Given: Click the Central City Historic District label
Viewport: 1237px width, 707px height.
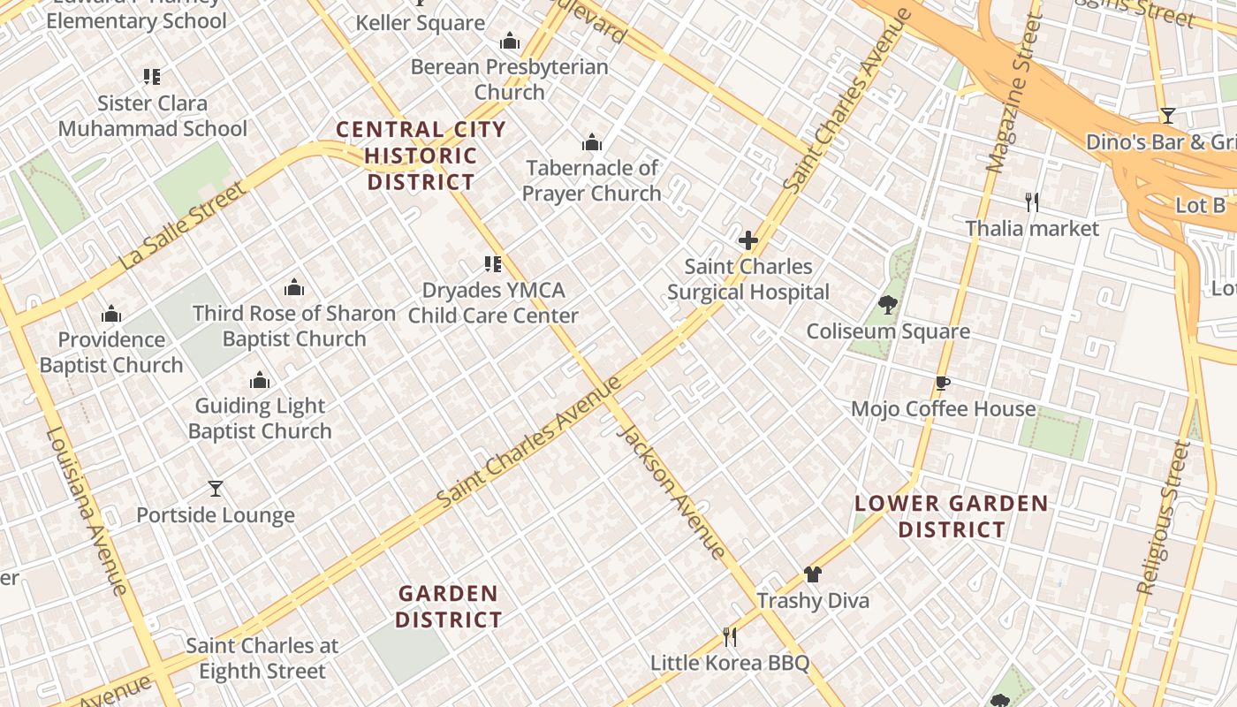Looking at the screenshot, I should [x=421, y=156].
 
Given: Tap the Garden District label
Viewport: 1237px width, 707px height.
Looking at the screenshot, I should [x=448, y=606].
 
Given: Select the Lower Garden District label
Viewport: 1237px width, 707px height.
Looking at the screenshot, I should [x=952, y=517].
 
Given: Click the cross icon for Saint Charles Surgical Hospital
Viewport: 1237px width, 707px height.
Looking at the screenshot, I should [x=748, y=240].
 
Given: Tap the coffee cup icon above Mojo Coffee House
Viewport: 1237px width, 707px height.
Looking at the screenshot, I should [x=942, y=383].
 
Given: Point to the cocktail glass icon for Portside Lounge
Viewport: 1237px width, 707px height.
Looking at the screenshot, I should [x=216, y=489].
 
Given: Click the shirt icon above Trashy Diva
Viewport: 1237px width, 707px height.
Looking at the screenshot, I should [x=813, y=574].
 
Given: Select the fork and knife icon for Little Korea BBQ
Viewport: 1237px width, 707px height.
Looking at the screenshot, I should [x=730, y=636].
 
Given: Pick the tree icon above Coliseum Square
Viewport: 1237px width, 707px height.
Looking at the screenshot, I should [x=888, y=306].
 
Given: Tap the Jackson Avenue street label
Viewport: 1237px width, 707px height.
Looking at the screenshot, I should [x=672, y=491].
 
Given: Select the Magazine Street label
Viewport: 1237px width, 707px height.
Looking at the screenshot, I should [x=1010, y=93].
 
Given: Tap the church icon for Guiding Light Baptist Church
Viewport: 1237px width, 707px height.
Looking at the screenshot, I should [x=260, y=381].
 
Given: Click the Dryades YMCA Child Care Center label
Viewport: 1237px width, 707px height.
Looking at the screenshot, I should [x=493, y=303].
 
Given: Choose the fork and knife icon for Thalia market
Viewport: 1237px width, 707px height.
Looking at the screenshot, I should [x=1032, y=202].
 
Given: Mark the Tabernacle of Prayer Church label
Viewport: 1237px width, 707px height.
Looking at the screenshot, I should [x=591, y=180].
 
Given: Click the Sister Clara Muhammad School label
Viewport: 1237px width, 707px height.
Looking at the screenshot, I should [x=152, y=116].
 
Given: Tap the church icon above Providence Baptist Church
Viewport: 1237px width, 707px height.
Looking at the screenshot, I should [x=111, y=314].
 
